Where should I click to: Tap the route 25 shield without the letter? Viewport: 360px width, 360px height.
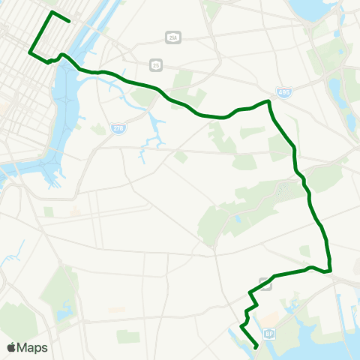[x=154, y=64]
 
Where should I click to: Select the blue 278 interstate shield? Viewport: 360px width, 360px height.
[x=118, y=128]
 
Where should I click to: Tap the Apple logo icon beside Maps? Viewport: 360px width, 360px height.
[x=11, y=346]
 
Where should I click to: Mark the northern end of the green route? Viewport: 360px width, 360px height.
[x=69, y=21]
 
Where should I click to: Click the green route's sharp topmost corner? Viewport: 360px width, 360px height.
[x=51, y=13]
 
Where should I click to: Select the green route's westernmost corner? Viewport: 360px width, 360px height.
[x=29, y=52]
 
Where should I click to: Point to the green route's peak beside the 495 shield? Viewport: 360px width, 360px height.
[x=268, y=100]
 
